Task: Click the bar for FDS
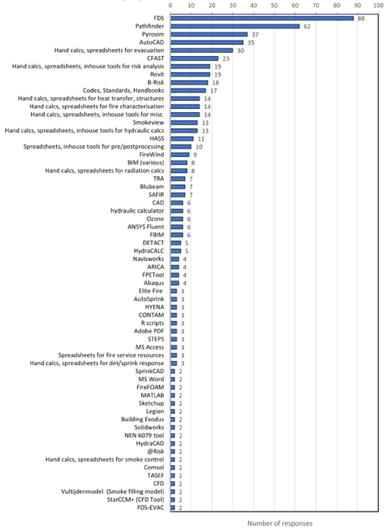click(x=262, y=18)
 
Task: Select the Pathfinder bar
click(x=235, y=26)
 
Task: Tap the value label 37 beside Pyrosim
click(x=255, y=34)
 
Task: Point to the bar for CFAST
click(x=194, y=58)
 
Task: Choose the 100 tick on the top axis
click(x=378, y=6)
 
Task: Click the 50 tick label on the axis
click(x=274, y=6)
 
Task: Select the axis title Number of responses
click(x=280, y=523)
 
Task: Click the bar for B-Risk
click(x=189, y=82)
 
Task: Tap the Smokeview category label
click(x=148, y=122)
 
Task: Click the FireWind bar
click(x=179, y=154)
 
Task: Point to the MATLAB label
click(x=152, y=395)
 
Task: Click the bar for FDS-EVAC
click(x=172, y=507)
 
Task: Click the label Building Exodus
click(x=142, y=418)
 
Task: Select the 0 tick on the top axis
click(x=170, y=6)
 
